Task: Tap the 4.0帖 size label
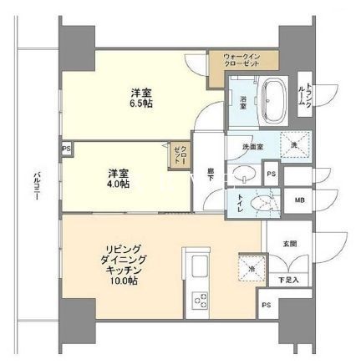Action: pos(118,185)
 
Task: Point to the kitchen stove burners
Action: pos(201,299)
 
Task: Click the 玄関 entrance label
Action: pos(289,245)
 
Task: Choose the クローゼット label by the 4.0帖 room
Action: pos(179,154)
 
